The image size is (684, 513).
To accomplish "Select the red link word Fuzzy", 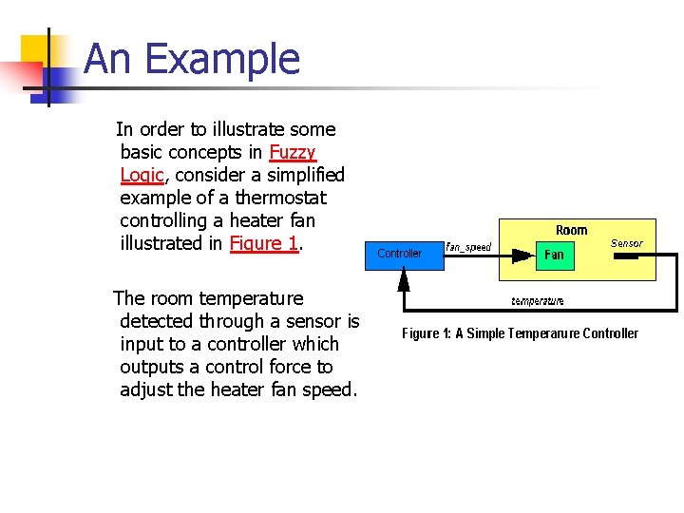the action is (x=293, y=152).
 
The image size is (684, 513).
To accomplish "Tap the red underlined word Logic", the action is (x=142, y=175).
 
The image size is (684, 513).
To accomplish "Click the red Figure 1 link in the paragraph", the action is (x=264, y=243).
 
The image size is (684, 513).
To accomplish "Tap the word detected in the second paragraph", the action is (x=158, y=321).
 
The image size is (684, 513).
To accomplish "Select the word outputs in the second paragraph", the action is (x=151, y=367).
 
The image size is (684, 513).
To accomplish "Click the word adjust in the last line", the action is (x=146, y=389).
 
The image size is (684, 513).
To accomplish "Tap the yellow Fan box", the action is (x=554, y=255).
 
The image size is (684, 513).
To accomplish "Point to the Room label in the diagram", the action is (x=571, y=230).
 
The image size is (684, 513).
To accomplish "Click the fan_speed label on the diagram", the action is (x=468, y=247).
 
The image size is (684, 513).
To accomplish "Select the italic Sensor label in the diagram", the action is (x=626, y=243).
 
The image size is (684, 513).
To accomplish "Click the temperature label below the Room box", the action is (x=538, y=301).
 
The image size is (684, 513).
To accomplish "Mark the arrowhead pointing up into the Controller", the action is (x=404, y=279).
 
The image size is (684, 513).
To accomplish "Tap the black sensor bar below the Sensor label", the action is (x=626, y=256).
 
